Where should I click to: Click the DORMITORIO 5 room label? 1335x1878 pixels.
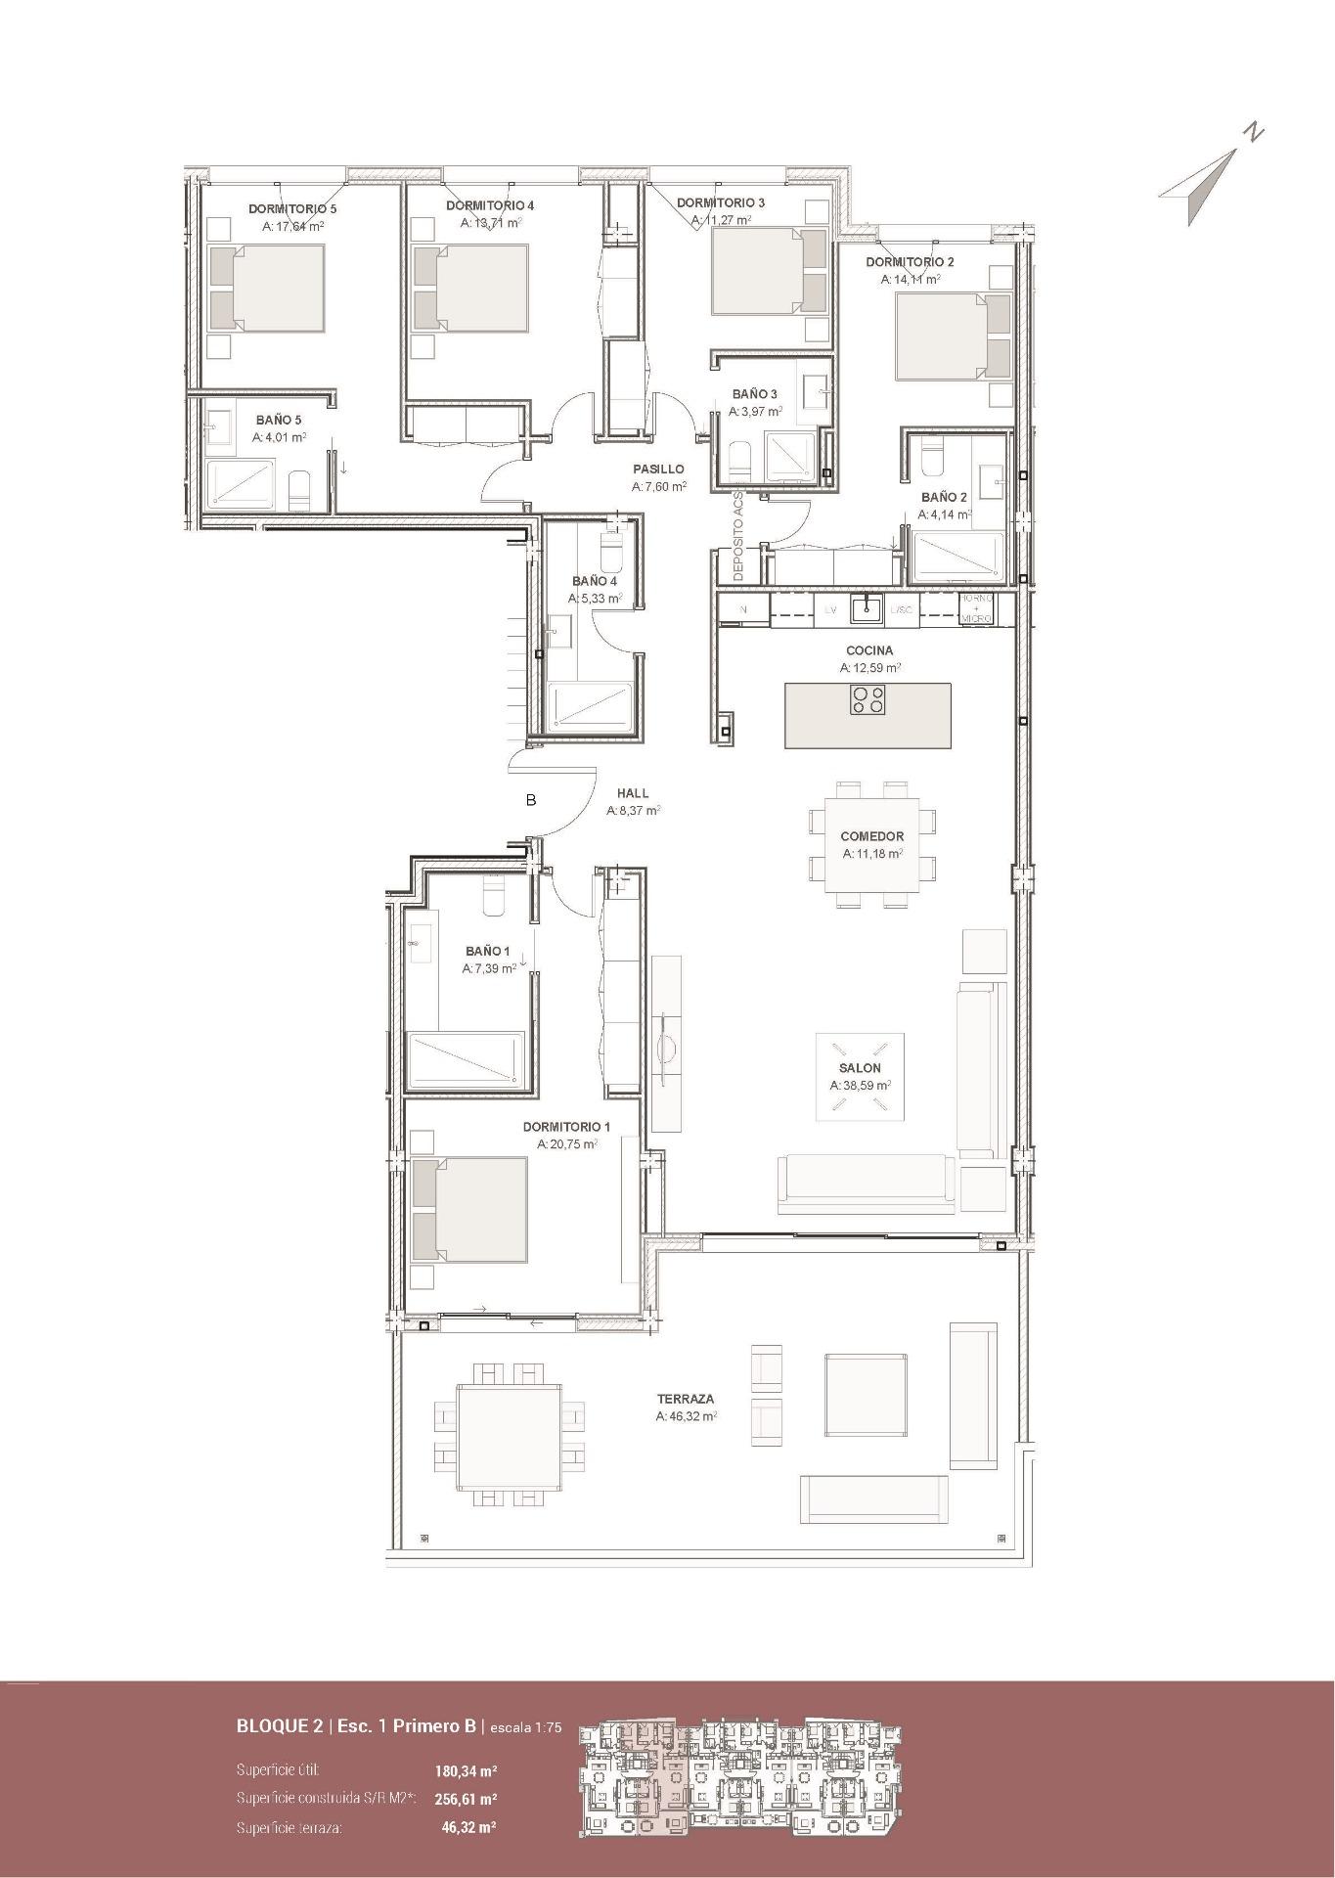coord(292,208)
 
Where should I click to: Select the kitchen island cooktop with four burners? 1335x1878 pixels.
coord(868,700)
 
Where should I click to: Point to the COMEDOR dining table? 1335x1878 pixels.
coord(871,844)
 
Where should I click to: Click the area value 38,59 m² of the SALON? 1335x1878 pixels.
coord(860,1086)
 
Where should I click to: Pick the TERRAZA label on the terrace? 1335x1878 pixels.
coord(686,1399)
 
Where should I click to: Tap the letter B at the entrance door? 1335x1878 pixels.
coord(531,800)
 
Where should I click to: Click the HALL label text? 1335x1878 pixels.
coord(633,793)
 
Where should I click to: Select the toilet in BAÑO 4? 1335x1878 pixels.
coord(611,554)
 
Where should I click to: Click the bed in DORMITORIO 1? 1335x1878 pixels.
coord(469,1210)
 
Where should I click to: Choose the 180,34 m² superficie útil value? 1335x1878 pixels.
coord(467,1770)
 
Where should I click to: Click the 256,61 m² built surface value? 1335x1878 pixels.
coord(467,1799)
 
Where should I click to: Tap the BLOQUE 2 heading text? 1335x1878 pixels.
coord(280,1726)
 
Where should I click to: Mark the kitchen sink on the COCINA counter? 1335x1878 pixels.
coord(866,608)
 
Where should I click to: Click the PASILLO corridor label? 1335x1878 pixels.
coord(658,469)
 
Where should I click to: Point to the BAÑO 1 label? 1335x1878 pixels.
coord(488,951)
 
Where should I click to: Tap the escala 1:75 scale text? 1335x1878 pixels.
coord(525,1727)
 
